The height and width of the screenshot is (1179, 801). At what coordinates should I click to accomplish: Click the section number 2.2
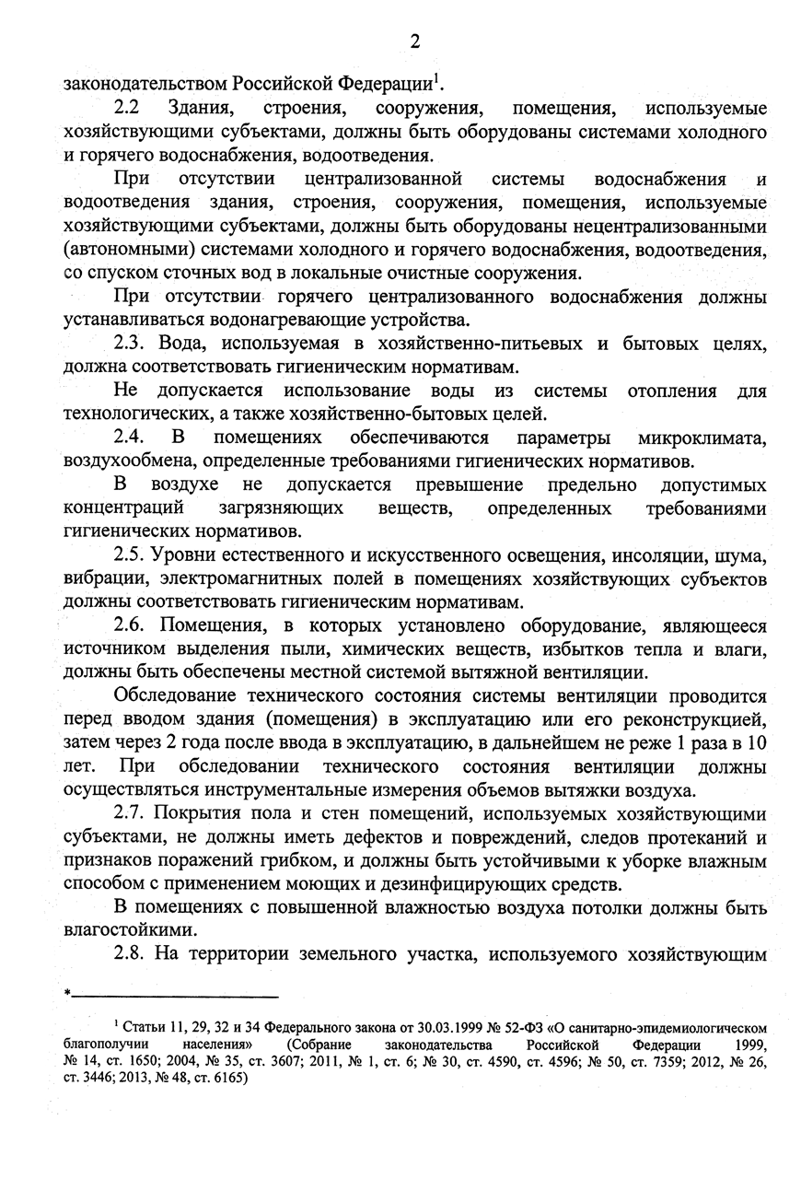pyautogui.click(x=132, y=108)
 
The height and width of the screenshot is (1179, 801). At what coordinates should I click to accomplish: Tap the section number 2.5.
pyautogui.click(x=134, y=555)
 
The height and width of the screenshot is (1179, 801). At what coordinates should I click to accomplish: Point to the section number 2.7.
pyautogui.click(x=134, y=814)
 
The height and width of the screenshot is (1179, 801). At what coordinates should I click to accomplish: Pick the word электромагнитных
pyautogui.click(x=236, y=579)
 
